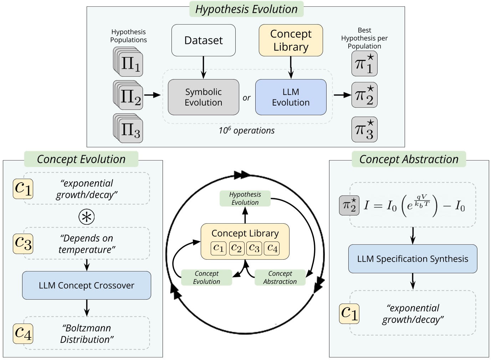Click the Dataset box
pyautogui.click(x=203, y=40)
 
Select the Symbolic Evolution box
pyautogui.click(x=203, y=97)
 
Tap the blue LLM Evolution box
pyautogui.click(x=291, y=97)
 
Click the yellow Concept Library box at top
pyautogui.click(x=291, y=40)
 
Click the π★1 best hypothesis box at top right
pyautogui.click(x=364, y=64)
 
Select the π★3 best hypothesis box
pyautogui.click(x=364, y=130)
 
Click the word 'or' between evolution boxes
pyautogui.click(x=246, y=98)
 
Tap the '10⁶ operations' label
pyautogui.click(x=247, y=131)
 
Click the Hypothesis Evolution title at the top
pyautogui.click(x=246, y=9)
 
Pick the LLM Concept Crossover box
pyautogui.click(x=87, y=285)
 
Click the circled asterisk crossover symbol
pyautogui.click(x=87, y=217)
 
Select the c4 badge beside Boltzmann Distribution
pyautogui.click(x=23, y=334)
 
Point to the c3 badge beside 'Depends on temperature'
pyautogui.click(x=23, y=244)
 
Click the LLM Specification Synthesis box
pyautogui.click(x=412, y=259)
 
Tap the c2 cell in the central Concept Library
pyautogui.click(x=236, y=248)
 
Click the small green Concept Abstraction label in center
pyautogui.click(x=280, y=278)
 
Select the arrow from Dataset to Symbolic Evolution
pyautogui.click(x=203, y=67)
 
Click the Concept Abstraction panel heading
pyautogui.click(x=409, y=159)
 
